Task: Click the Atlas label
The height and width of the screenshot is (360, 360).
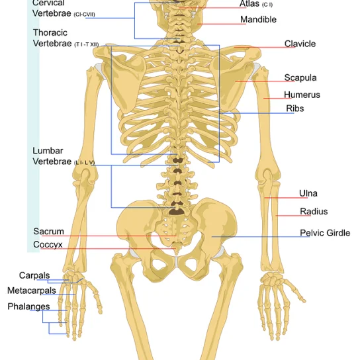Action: pyautogui.click(x=249, y=4)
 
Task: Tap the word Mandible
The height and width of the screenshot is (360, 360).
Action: pyautogui.click(x=258, y=19)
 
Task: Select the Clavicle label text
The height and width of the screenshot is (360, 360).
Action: pyautogui.click(x=300, y=44)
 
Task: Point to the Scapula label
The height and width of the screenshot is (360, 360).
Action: pyautogui.click(x=300, y=77)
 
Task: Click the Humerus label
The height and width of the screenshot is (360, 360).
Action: pyautogui.click(x=302, y=95)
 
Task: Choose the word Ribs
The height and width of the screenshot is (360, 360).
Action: pyautogui.click(x=294, y=109)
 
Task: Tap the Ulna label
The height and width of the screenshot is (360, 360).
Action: pyautogui.click(x=308, y=193)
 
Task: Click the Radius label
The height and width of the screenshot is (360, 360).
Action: pyautogui.click(x=314, y=211)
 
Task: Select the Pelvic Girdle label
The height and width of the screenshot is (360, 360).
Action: pyautogui.click(x=325, y=233)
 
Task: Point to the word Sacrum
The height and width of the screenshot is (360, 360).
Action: pyautogui.click(x=48, y=231)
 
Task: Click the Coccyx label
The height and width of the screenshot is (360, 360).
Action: pyautogui.click(x=48, y=245)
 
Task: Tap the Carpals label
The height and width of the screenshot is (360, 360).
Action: pyautogui.click(x=34, y=275)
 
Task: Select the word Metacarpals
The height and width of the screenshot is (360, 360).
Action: pyautogui.click(x=32, y=291)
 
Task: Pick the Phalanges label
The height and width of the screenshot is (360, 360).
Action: pyautogui.click(x=28, y=306)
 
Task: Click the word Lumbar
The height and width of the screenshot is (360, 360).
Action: pyautogui.click(x=48, y=151)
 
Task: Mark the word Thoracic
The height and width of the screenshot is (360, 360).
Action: pyautogui.click(x=50, y=32)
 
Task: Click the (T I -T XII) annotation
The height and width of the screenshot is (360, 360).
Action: pyautogui.click(x=87, y=44)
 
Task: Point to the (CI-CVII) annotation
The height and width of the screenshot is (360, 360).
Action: pyautogui.click(x=84, y=15)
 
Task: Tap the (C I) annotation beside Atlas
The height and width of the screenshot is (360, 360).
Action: pyautogui.click(x=267, y=5)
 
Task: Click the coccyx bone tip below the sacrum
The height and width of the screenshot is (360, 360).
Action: pyautogui.click(x=176, y=253)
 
